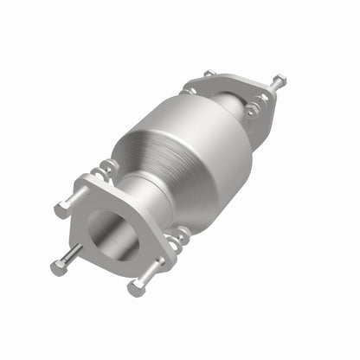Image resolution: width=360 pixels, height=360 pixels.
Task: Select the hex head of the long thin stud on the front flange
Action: pyautogui.click(x=57, y=268)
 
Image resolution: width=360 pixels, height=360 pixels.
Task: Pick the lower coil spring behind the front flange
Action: pyautogui.click(x=179, y=235)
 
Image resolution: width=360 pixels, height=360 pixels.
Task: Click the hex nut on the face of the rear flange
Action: pyautogui.click(x=250, y=112)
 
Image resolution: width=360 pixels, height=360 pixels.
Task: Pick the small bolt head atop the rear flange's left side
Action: pyautogui.click(x=210, y=74)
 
